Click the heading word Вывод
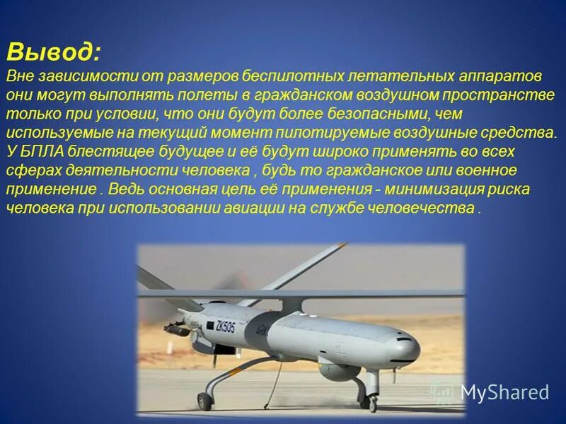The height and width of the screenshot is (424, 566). coord(54,52)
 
